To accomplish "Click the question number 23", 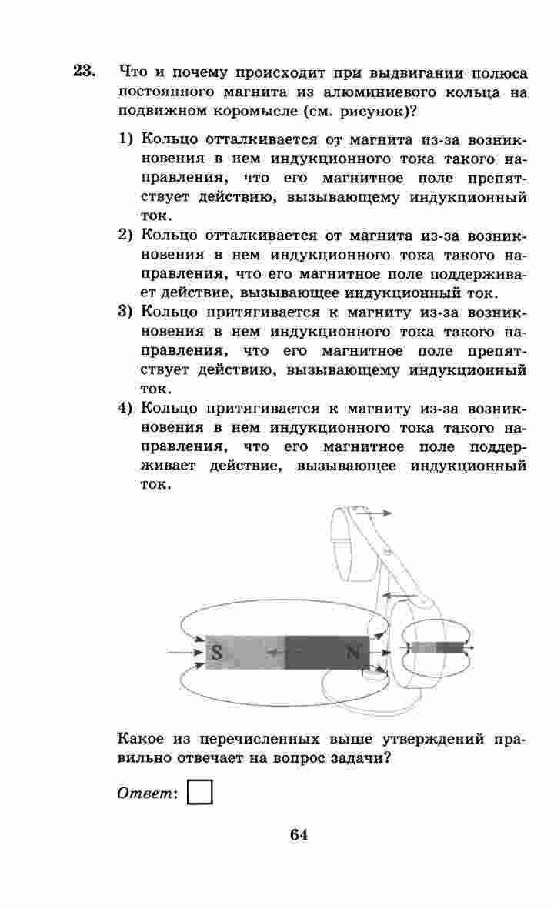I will pos(84,72).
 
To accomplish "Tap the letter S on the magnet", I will pos(216,653).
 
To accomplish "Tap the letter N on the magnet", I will pos(353,653).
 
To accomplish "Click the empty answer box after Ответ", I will pos(199,792).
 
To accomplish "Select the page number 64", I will pos(299,836).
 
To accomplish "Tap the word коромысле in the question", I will pos(254,110).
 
